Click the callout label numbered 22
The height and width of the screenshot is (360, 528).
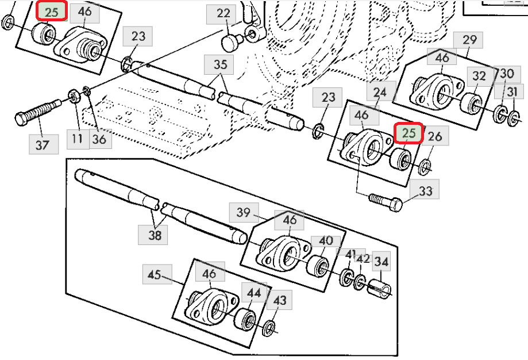point(223,13)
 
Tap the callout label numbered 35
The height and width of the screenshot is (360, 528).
point(221,64)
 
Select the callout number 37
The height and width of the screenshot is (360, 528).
point(43,144)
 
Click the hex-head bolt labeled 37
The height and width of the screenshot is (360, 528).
point(38,111)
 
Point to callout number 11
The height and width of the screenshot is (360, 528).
point(77,139)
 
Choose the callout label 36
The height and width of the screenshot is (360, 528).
point(99,139)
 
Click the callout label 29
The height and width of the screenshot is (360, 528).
point(469,40)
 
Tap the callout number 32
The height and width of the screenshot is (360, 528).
point(479,76)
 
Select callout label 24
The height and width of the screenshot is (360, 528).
point(380,91)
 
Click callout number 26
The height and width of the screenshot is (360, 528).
point(435,136)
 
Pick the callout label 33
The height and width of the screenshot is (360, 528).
point(425,191)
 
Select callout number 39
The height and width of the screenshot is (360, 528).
point(244,212)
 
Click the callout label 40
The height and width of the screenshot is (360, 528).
point(326,241)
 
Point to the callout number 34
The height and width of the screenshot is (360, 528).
point(381,261)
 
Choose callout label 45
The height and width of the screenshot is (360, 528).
point(155,274)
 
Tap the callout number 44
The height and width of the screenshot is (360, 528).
point(255,293)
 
